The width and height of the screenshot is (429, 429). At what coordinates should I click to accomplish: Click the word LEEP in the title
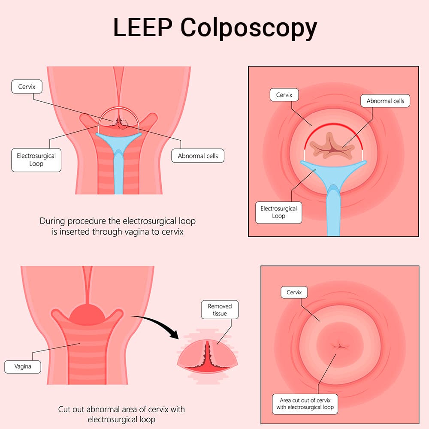142,27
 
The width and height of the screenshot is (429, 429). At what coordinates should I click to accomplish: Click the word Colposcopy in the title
249,28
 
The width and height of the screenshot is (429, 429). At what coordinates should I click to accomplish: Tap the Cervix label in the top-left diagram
27,87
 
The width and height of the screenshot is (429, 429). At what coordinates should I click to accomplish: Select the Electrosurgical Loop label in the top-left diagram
36,160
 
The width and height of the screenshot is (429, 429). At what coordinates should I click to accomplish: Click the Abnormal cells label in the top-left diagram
198,156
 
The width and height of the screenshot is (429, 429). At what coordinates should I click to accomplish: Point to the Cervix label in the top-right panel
284,95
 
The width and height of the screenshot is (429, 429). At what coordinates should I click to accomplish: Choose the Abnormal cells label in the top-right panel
385,101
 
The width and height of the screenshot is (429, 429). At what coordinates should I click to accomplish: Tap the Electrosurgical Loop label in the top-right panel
278,213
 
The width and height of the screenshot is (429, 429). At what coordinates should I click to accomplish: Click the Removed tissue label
220,310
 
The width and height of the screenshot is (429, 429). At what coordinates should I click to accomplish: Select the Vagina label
23,367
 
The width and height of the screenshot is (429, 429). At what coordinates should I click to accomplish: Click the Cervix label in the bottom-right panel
294,293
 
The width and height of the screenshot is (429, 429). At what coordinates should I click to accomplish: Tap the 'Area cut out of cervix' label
305,404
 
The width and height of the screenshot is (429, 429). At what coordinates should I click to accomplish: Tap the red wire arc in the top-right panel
333,124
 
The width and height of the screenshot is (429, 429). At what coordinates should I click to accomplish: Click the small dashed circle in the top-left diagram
123,124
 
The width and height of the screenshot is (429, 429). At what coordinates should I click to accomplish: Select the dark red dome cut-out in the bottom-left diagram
87,314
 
